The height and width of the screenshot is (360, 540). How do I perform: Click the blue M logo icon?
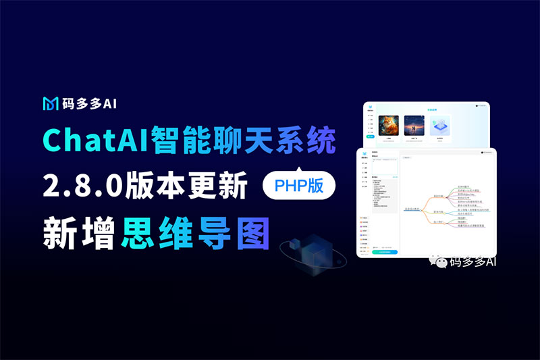[50, 103]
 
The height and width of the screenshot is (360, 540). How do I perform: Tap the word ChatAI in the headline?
[84, 140]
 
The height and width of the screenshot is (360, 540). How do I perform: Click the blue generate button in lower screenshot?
[384, 251]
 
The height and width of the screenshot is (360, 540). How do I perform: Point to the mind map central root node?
[412, 209]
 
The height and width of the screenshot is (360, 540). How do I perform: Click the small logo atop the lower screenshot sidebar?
[364, 153]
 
